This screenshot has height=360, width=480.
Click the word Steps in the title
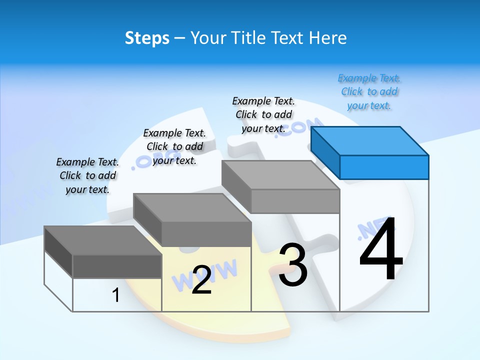pos(146,38)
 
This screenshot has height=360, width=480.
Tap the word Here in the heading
pos(328,38)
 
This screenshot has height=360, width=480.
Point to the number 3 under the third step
pos(292,265)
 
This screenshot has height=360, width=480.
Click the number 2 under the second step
pos(201,280)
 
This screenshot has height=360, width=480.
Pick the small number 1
pos(116,295)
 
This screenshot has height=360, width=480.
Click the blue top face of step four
pos(370,140)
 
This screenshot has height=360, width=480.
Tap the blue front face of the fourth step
pos(384,167)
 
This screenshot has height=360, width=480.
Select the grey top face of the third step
pos(280,175)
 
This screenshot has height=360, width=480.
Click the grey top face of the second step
pos(192,208)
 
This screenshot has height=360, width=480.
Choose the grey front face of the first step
pos(117,266)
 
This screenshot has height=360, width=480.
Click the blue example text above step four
pos(369,92)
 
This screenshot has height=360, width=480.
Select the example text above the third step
pos(263,114)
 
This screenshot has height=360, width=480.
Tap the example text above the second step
pos(174,146)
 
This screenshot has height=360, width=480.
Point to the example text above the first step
pos(87,175)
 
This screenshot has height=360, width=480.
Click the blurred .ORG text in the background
pos(150,160)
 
